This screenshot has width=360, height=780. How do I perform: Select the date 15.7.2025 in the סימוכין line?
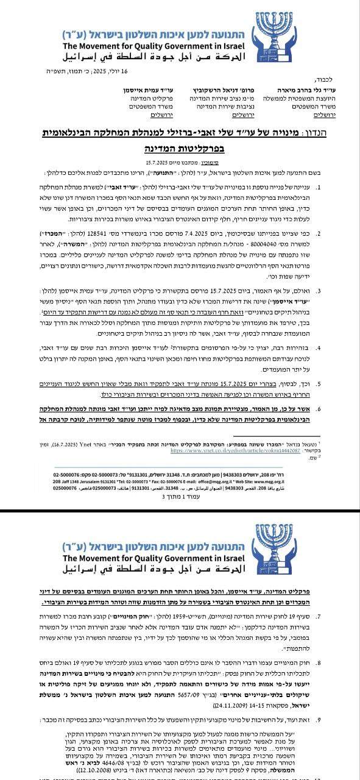160,163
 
